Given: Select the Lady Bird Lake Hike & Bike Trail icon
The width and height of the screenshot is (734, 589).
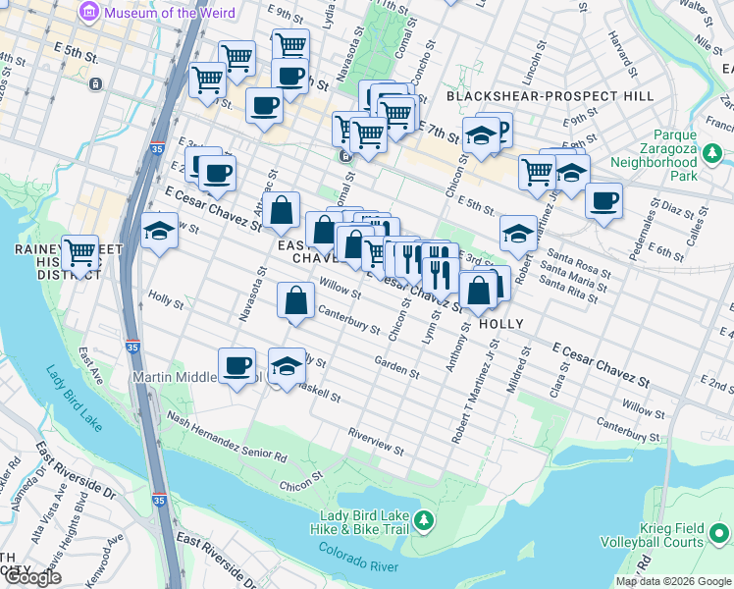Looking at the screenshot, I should click(x=424, y=520).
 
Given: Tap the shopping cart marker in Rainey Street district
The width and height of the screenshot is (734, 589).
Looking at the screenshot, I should click(x=79, y=252).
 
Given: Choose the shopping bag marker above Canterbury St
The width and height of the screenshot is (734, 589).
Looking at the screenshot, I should click(x=295, y=300).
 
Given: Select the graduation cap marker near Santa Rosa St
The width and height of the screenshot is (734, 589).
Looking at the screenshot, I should click(x=518, y=234).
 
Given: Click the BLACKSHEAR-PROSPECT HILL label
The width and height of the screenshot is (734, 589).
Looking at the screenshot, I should click(x=550, y=96).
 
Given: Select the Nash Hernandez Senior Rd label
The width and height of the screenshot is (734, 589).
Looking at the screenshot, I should click(x=227, y=436).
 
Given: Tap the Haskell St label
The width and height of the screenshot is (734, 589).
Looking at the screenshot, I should click(x=319, y=395).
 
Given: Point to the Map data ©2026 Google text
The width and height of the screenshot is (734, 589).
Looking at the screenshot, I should click(x=673, y=581).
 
